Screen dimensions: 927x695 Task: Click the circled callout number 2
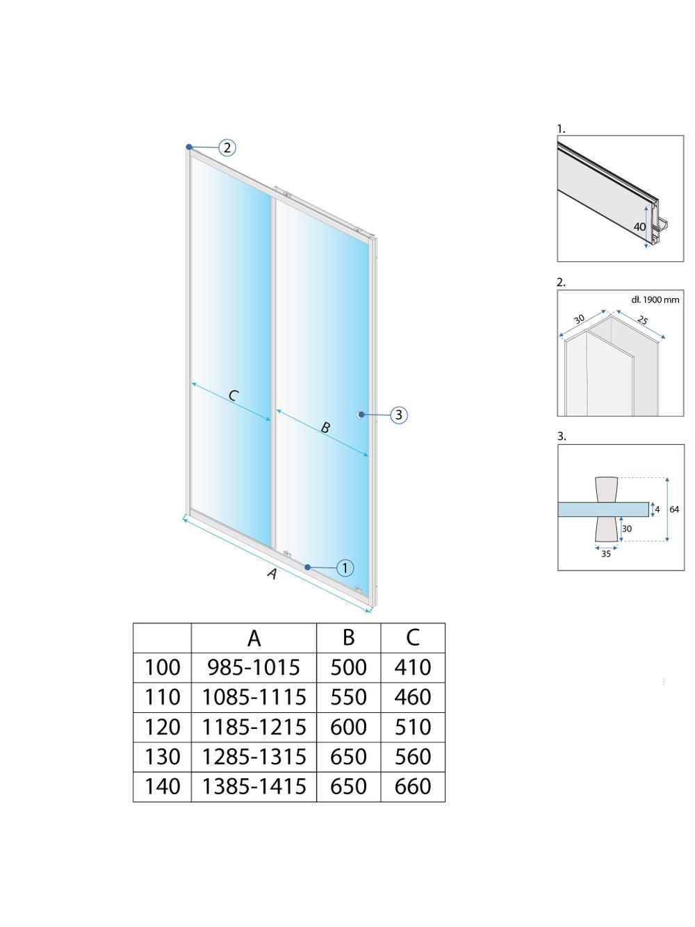pyautogui.click(x=227, y=147)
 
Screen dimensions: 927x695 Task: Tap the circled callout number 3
pyautogui.click(x=398, y=415)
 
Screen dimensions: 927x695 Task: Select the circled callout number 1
pyautogui.click(x=345, y=568)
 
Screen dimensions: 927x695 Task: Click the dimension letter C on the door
pyautogui.click(x=234, y=395)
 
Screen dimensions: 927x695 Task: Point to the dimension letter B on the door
pyautogui.click(x=325, y=427)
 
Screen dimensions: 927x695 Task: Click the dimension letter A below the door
pyautogui.click(x=272, y=574)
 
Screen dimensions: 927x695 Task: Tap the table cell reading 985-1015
pyautogui.click(x=254, y=667)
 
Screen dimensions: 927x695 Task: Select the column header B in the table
pyautogui.click(x=348, y=637)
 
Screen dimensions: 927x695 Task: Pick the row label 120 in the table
pyautogui.click(x=162, y=727)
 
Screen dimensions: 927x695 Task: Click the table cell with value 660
pyautogui.click(x=413, y=787)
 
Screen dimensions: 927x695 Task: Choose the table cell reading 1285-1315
pyautogui.click(x=254, y=757)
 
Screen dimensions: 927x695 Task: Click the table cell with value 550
pyautogui.click(x=348, y=697)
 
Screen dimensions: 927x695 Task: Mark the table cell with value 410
pyautogui.click(x=413, y=667)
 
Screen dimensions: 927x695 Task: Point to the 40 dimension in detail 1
pyautogui.click(x=639, y=227)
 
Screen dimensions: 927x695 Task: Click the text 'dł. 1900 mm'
pyautogui.click(x=655, y=300)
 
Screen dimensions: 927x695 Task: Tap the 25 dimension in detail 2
pyautogui.click(x=643, y=320)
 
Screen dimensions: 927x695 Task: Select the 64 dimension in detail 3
pyautogui.click(x=674, y=509)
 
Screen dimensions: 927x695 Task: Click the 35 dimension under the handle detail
pyautogui.click(x=606, y=554)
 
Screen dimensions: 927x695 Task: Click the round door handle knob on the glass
pyautogui.click(x=360, y=415)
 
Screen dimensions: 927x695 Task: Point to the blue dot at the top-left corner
pyautogui.click(x=189, y=147)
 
